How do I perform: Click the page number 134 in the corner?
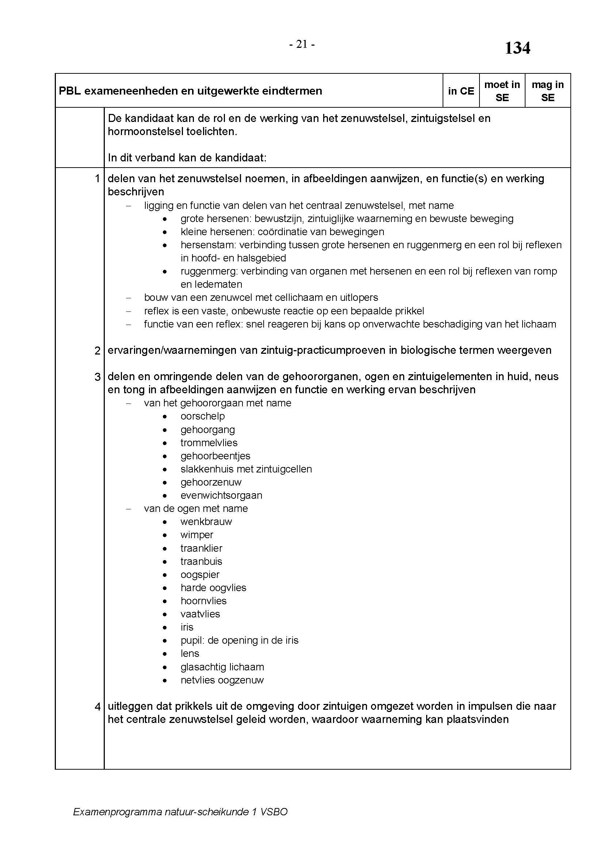(x=517, y=48)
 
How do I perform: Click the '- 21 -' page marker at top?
(x=302, y=45)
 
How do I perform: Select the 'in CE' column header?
(x=461, y=91)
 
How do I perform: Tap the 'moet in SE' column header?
(x=502, y=91)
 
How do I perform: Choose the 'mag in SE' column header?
(x=547, y=91)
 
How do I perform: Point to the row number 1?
(x=98, y=179)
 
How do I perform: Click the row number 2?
(x=98, y=351)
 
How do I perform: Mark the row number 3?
(x=98, y=377)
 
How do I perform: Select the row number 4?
(x=98, y=707)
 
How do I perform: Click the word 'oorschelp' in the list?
(x=203, y=416)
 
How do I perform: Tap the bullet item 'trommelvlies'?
(x=209, y=443)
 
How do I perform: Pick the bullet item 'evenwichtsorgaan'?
(x=221, y=495)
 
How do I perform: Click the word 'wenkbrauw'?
(x=206, y=522)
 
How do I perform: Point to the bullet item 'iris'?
(x=187, y=627)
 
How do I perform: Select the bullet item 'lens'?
(x=190, y=654)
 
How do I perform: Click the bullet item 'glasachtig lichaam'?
(x=222, y=667)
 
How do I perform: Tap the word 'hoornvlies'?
(x=203, y=601)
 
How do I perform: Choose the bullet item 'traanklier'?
(x=202, y=548)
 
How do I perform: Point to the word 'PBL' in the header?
(x=69, y=91)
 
